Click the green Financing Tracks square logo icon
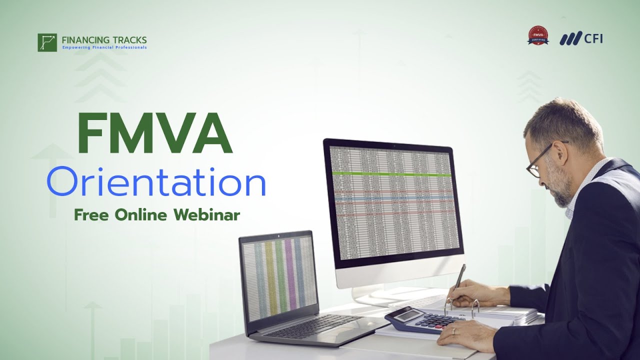pos(47,42)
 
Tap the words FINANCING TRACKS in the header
pos(104,39)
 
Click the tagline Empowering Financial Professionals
pos(104,47)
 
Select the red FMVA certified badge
pos(538,36)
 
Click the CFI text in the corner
pos(593,38)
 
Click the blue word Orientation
pos(156,183)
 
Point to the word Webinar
pos(207,215)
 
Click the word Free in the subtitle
pos(92,215)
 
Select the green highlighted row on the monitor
pos(391,174)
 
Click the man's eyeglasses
pos(540,160)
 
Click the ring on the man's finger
pos(453,331)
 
